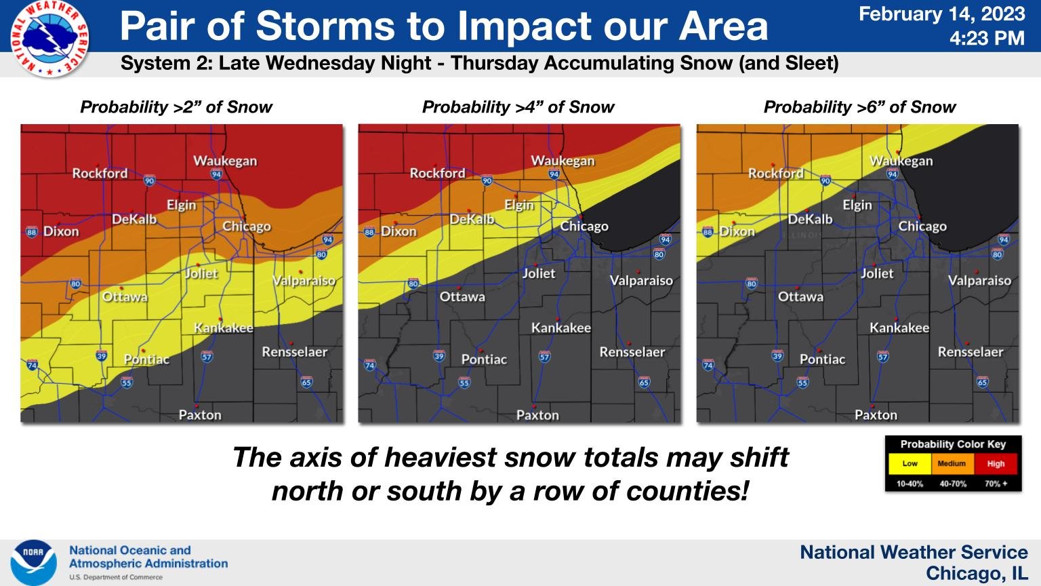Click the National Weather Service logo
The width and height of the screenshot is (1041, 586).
tap(49, 38)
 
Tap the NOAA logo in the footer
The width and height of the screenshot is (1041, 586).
tap(33, 562)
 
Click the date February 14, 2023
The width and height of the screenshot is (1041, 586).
tap(941, 14)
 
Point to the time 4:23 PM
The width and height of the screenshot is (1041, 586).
tap(986, 39)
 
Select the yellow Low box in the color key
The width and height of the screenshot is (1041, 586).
tap(910, 464)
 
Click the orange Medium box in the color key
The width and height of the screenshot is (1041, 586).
tap(952, 464)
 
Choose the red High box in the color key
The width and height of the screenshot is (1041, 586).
tap(996, 464)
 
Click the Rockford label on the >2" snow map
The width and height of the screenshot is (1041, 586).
tap(100, 174)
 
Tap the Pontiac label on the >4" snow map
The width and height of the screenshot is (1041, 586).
tap(484, 359)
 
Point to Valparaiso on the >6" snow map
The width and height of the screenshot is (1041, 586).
tap(979, 280)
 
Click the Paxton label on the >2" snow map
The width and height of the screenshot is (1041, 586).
tap(199, 414)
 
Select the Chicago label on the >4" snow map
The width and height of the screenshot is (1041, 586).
tap(584, 227)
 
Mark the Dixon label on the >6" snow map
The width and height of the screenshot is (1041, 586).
tap(736, 231)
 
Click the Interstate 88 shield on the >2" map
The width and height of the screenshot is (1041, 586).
tap(31, 232)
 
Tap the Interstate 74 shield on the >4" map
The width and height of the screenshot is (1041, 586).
tap(369, 366)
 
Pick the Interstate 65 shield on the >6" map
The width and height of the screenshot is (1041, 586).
tap(982, 383)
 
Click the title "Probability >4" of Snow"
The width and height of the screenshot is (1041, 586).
tap(518, 107)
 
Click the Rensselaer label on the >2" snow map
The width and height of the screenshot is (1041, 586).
tap(294, 352)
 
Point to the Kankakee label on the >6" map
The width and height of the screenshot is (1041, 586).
tap(899, 328)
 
